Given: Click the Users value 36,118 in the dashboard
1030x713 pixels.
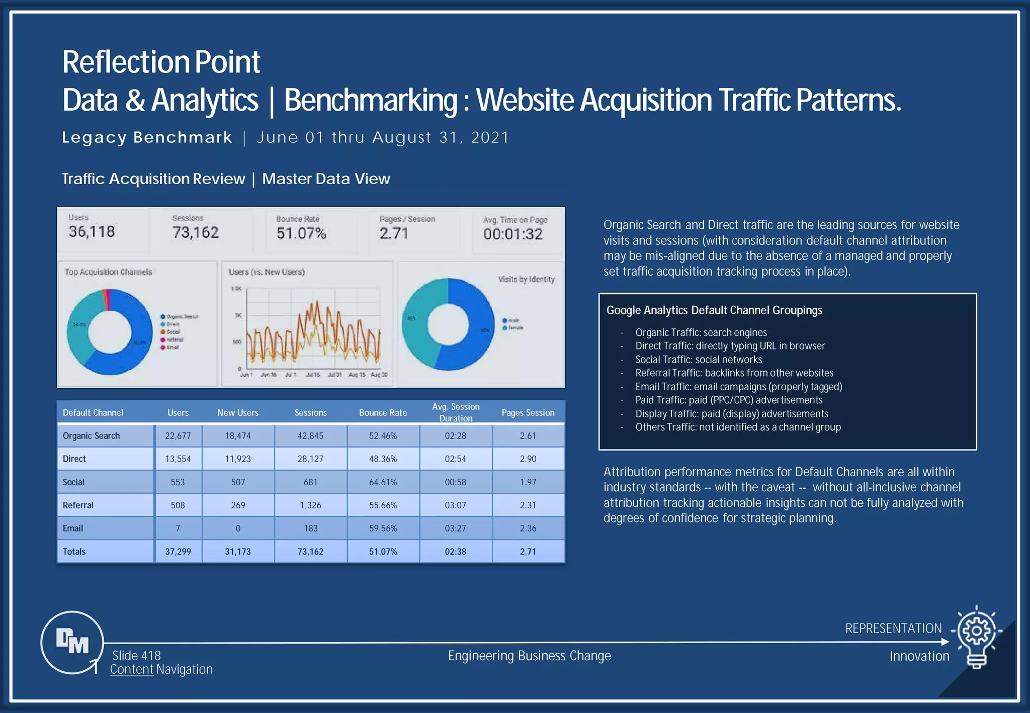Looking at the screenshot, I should pos(92,232).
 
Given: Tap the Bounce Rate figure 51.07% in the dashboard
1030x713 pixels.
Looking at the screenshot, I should pos(301,233).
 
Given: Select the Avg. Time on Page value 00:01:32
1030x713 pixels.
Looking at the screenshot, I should pos(513,234).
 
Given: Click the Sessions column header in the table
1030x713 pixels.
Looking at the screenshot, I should pos(310,413).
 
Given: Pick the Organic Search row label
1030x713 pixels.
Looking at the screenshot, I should pos(91,436).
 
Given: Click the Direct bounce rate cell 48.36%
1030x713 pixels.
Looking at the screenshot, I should pos(383,459).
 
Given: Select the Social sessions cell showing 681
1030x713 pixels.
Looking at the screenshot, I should pos(310,482).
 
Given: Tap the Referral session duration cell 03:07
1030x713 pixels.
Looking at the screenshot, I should pos(455,505).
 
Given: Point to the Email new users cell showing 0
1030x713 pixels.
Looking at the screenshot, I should pos(238,528).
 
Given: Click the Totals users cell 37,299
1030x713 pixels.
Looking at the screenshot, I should pos(178,552).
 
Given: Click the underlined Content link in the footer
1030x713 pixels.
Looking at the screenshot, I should pos(132,669).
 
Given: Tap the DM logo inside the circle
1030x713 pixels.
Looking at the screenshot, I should pos(72,642).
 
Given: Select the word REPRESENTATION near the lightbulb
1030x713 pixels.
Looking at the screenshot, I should pos(893,629).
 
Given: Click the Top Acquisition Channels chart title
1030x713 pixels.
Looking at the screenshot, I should pos(108,272).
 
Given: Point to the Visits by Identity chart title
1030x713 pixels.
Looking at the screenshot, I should pos(526,279).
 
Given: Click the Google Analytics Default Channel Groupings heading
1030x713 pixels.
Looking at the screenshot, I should pos(714,310).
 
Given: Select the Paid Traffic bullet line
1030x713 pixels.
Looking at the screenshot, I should pos(729,400).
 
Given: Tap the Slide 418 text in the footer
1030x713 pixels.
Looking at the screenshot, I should pos(136,656).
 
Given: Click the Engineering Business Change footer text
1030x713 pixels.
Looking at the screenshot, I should pos(529,656).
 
